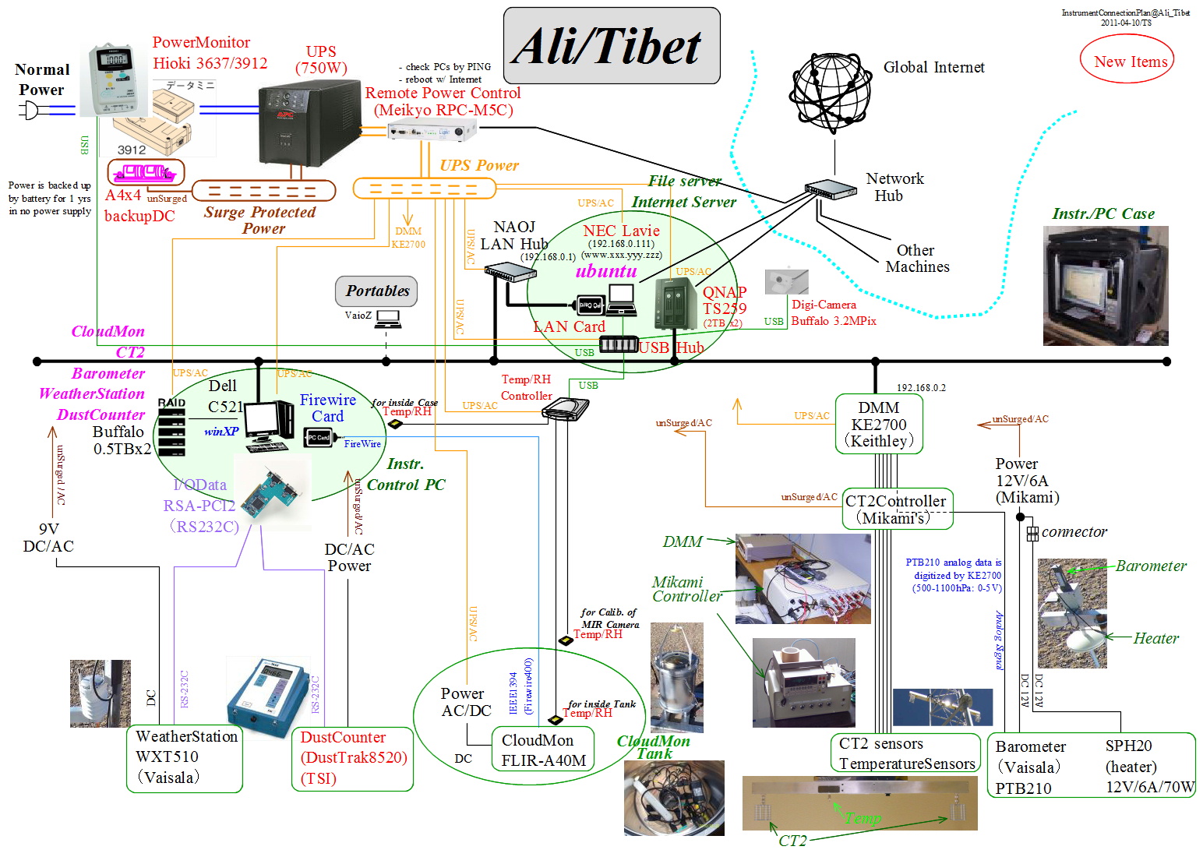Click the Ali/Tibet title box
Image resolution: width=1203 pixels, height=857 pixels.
pos(612,46)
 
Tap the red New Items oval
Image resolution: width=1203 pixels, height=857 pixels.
pos(1127,62)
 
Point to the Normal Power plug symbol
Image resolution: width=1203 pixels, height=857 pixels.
pos(30,111)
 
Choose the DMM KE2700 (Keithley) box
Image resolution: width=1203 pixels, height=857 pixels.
pos(878,425)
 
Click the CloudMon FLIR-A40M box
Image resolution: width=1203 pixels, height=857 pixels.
pos(542,750)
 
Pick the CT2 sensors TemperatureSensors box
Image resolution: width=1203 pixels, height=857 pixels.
pos(906,753)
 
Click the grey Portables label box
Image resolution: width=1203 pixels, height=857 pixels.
pos(377,291)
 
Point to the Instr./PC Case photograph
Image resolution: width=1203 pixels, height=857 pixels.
pos(1105,285)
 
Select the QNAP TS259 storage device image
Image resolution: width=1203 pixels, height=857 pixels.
pos(675,303)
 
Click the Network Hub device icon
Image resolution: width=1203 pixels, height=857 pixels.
pos(830,189)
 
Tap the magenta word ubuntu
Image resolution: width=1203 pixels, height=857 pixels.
pos(606,271)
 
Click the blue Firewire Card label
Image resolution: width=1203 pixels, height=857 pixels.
pos(327,407)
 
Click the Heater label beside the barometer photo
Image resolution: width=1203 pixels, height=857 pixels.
pos(1155,638)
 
